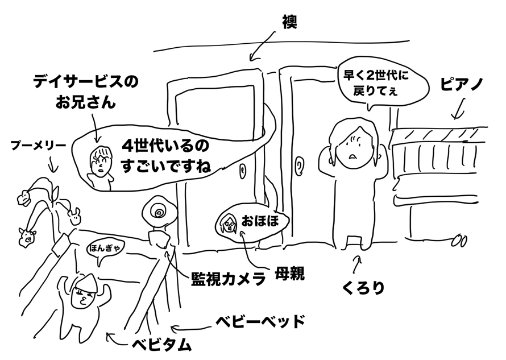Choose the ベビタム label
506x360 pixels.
tap(161, 344)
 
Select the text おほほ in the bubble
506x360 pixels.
tap(260, 221)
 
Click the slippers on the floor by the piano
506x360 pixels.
tap(459, 242)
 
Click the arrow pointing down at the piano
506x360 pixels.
tap(458, 109)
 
